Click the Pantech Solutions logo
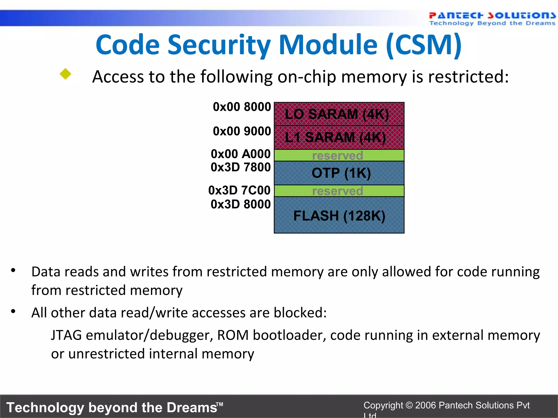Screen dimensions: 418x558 492,19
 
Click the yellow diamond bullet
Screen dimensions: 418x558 65,74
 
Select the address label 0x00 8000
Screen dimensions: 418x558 242,107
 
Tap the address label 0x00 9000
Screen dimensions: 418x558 242,131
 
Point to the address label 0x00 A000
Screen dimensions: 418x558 241,154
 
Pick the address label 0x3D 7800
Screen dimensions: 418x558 241,167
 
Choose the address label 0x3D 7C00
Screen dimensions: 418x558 239,190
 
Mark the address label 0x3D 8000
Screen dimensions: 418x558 241,204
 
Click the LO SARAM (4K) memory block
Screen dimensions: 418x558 339,114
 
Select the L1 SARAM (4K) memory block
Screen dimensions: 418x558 339,137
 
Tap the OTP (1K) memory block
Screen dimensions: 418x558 339,173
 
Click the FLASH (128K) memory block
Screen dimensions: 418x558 339,216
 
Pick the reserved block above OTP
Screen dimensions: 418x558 339,155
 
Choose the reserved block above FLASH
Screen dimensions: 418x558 339,191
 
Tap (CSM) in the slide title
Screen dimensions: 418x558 424,45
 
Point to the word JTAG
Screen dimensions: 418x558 66,335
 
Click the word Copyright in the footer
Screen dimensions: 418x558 383,405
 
